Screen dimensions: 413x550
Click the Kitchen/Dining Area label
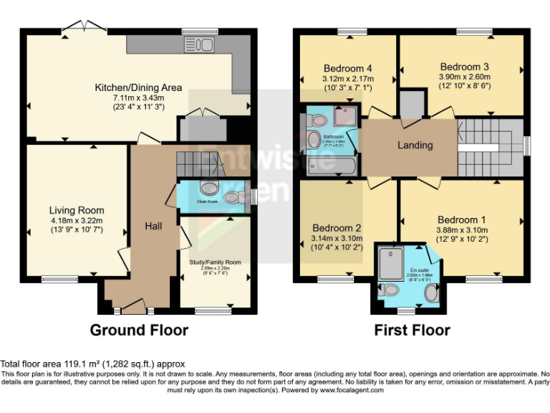(138, 87)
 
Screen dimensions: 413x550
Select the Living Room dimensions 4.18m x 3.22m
(77, 220)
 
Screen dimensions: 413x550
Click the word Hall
(153, 226)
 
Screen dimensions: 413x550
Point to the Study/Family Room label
(215, 262)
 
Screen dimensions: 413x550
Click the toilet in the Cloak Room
(210, 189)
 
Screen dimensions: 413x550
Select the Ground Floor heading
(139, 330)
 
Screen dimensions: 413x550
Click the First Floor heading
(412, 330)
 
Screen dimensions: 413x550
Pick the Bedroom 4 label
(347, 69)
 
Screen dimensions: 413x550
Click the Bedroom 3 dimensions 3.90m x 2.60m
(465, 77)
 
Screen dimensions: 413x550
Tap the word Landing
(415, 145)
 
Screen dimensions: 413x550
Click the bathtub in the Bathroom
(330, 166)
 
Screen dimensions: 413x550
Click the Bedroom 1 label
(461, 219)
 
